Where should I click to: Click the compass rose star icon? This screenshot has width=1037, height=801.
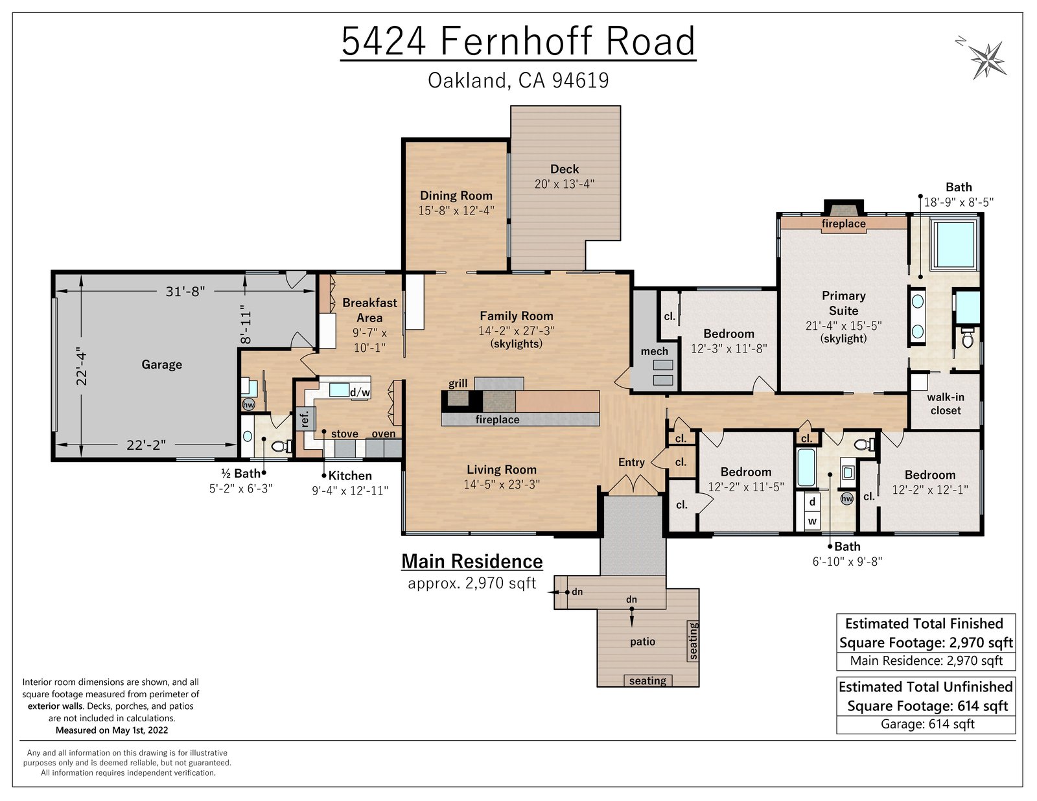click(987, 60)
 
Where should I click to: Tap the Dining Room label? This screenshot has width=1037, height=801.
click(456, 196)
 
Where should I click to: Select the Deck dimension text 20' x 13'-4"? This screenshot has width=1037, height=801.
click(564, 184)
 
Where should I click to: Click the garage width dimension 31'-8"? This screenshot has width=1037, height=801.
click(185, 291)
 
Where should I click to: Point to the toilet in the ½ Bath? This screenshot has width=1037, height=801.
click(281, 446)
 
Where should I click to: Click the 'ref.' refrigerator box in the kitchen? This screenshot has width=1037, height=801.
click(304, 419)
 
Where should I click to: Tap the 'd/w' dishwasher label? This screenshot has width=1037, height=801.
click(360, 392)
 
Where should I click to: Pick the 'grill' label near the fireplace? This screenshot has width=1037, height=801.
click(458, 383)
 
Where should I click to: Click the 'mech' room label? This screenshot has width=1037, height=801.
click(654, 352)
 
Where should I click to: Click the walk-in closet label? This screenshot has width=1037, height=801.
click(946, 404)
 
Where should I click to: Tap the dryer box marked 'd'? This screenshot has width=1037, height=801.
click(812, 502)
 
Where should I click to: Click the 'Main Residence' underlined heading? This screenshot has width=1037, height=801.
click(472, 561)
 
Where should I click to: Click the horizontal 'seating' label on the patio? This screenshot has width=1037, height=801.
click(647, 680)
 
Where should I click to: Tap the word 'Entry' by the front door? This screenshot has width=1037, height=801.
click(631, 462)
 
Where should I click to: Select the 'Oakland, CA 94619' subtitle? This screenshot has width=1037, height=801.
click(518, 80)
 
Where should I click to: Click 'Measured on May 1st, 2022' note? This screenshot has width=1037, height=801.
click(111, 730)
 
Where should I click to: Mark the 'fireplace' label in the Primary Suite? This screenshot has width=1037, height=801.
click(843, 224)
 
